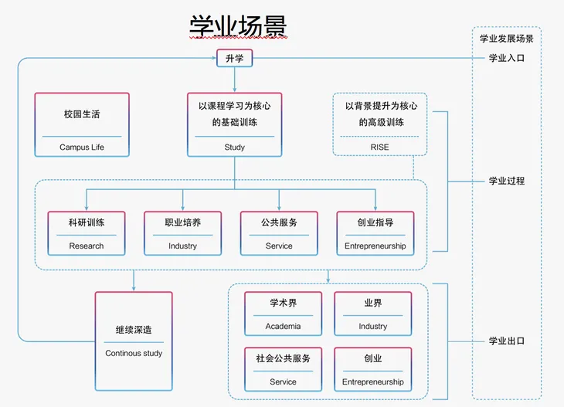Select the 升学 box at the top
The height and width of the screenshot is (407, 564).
pos(234,58)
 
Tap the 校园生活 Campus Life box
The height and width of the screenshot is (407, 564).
pos(82,125)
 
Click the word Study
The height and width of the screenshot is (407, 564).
pos(234,147)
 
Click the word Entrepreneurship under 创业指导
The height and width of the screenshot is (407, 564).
pos(375,246)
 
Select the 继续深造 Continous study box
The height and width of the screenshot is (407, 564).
pos(134,341)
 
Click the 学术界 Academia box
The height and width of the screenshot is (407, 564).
pos(283,314)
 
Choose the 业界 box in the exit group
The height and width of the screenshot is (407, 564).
pos(372,314)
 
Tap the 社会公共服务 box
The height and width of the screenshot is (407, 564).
pos(283,369)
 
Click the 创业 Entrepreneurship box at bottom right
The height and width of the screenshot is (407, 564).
pos(372,369)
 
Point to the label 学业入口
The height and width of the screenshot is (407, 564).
pos(506,59)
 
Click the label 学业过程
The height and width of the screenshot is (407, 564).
pos(506,181)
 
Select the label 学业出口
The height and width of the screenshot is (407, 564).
pos(506,341)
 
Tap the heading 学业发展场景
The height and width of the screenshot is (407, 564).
pos(506,38)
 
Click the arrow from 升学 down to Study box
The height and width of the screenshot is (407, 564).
pos(234,80)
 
